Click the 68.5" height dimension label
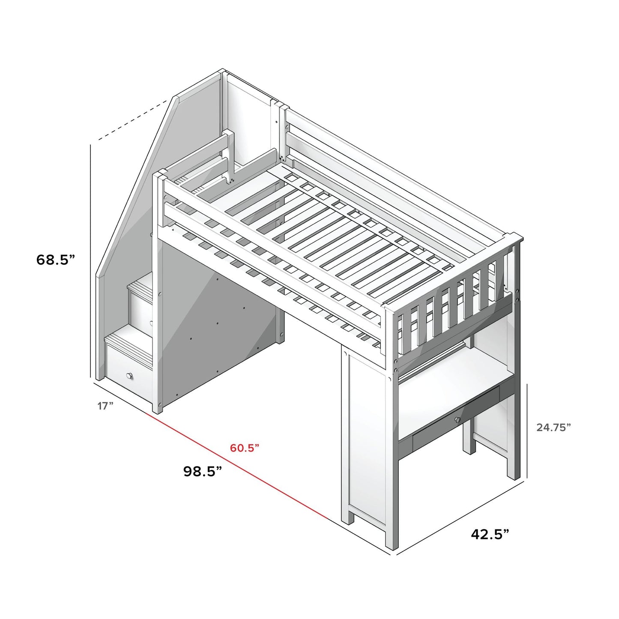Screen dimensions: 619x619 56,260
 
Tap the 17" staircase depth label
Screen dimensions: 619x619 105,405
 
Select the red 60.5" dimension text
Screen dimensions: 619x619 245,448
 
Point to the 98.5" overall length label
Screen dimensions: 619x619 203,472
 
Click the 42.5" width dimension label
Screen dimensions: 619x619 490,534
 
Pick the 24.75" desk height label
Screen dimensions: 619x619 553,427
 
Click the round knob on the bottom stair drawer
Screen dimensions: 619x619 129,376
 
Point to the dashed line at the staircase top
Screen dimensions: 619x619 133,120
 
